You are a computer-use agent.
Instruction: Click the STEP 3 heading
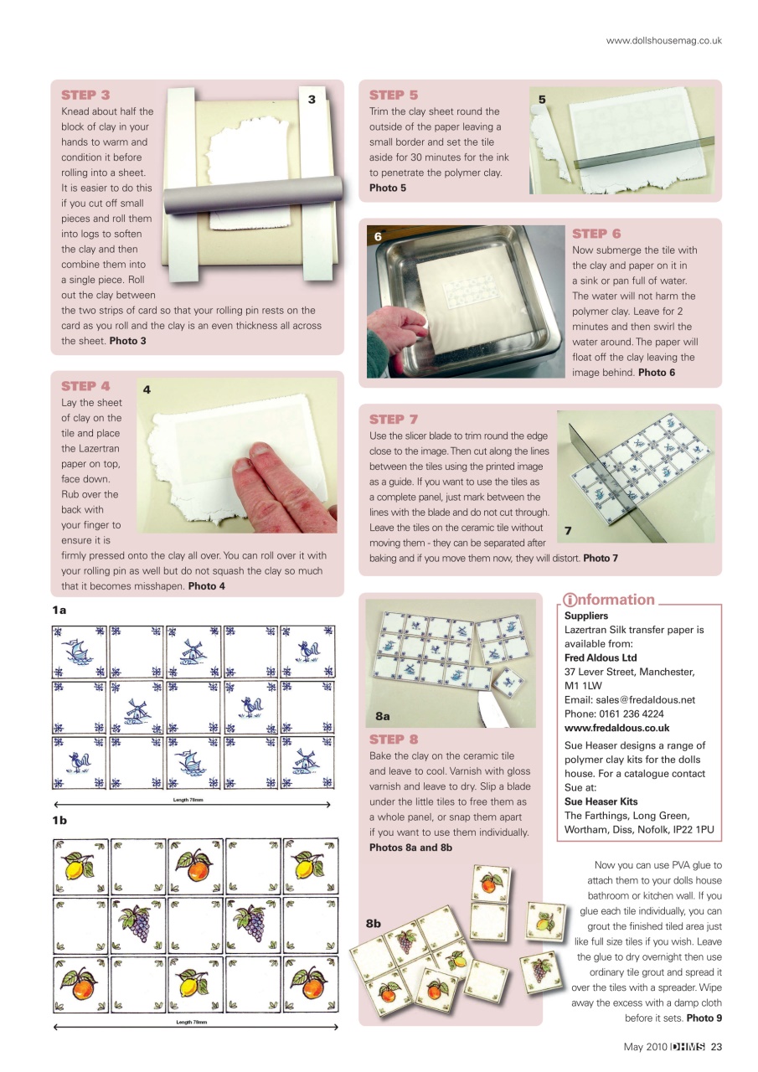pos(85,95)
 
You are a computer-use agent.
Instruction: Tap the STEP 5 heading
pos(394,95)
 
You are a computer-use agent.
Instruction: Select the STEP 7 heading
pos(394,419)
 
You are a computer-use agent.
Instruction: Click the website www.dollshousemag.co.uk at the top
pos(663,40)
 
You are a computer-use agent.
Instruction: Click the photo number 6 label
pos(378,237)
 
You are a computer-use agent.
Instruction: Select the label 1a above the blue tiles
pos(59,611)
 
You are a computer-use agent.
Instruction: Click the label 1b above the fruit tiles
pos(59,821)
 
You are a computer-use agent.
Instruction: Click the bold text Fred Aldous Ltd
pos(601,657)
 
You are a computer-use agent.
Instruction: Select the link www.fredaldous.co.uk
pos(616,728)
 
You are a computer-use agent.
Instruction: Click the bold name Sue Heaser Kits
pos(601,801)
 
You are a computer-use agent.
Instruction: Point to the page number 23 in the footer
pos(717,1046)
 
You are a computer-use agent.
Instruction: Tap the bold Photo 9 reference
pos(704,1018)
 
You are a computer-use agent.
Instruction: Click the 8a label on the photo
pos(383,716)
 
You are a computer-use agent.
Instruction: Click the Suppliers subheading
pos(586,616)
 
